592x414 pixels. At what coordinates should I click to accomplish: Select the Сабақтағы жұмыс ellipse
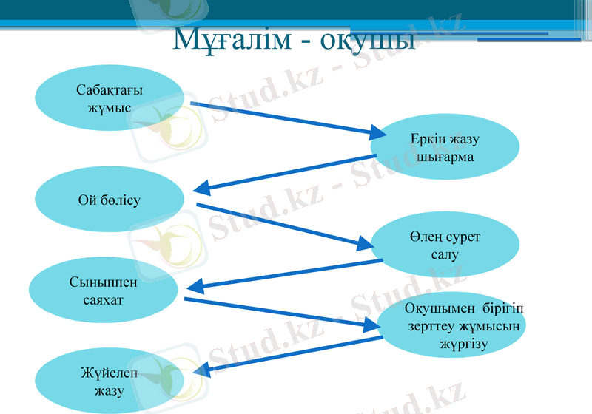(x=110, y=98)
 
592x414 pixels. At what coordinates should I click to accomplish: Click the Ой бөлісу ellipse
(x=110, y=200)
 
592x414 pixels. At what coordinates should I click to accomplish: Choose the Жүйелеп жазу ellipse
(x=109, y=381)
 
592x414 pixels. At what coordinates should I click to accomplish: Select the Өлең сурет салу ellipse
(x=444, y=245)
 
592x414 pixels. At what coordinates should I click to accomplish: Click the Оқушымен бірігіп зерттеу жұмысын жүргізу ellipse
(x=453, y=326)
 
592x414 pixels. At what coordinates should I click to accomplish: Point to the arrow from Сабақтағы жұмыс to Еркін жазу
(x=289, y=120)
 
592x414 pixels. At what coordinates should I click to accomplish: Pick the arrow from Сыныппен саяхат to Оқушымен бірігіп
(x=281, y=313)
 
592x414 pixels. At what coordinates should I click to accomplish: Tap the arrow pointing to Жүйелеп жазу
(x=289, y=353)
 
